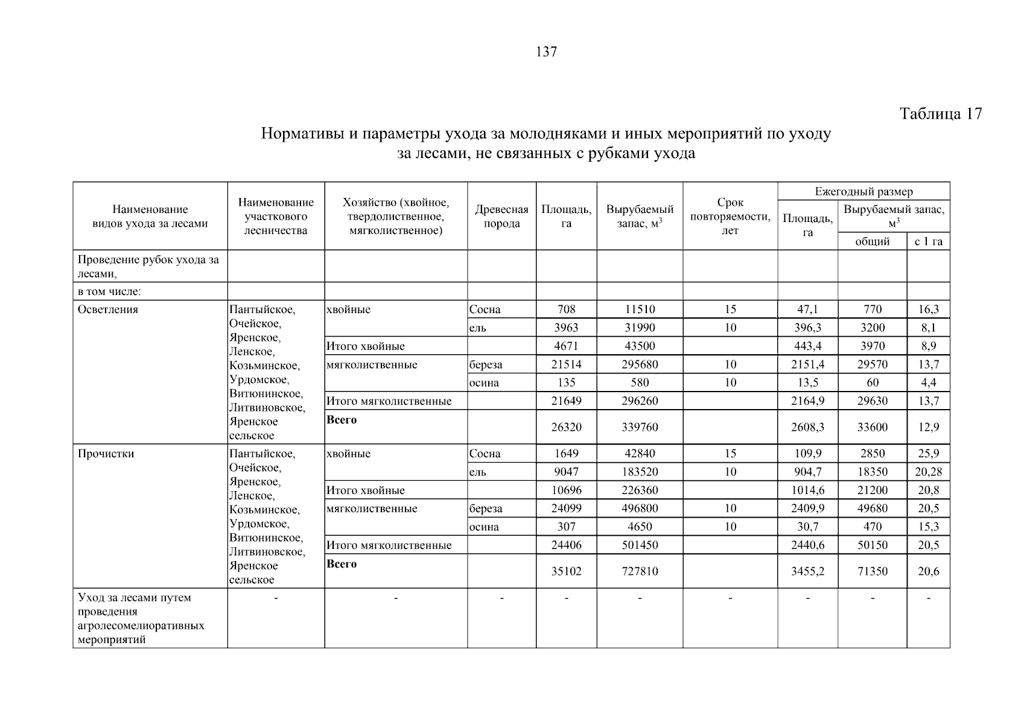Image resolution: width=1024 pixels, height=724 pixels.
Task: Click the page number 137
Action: pos(546,52)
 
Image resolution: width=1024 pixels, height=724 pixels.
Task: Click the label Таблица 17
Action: pos(940,113)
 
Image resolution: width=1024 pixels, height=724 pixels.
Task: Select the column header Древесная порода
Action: pos(501,217)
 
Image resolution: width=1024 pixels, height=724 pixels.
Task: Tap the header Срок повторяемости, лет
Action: pos(730,217)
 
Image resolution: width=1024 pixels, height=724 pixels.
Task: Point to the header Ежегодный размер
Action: pos(863,192)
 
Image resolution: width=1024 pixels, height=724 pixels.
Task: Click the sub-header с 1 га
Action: pos(928,241)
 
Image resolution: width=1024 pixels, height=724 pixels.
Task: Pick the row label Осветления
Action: pos(108,310)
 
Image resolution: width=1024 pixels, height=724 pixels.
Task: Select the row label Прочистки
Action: pos(106,454)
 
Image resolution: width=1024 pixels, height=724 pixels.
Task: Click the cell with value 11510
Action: pos(640,310)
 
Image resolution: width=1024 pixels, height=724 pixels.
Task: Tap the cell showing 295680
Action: pos(640,364)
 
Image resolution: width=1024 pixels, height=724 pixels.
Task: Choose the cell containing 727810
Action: pos(640,571)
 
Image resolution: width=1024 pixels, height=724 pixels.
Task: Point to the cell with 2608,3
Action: pos(807,427)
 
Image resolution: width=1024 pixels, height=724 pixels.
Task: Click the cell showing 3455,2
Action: pos(807,571)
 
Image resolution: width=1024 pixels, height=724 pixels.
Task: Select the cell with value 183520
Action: pos(640,472)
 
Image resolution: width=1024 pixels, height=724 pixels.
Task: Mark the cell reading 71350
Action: pos(872,571)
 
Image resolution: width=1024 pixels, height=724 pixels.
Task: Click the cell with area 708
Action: pos(566,310)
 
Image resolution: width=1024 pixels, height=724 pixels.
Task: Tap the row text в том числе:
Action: pos(109,292)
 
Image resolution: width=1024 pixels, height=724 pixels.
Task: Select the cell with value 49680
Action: pos(872,509)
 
